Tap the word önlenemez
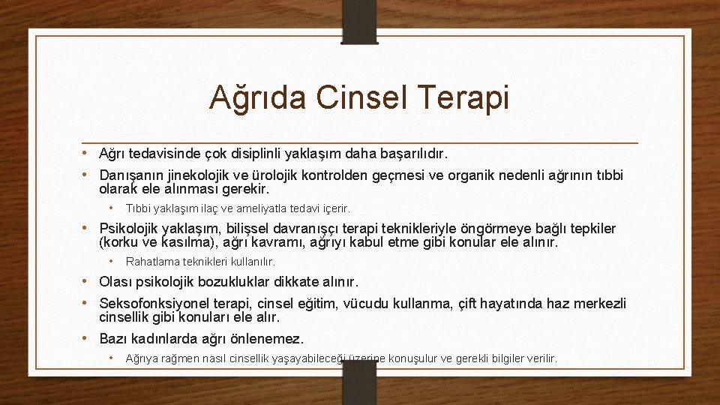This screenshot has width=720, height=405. pyautogui.click(x=267, y=338)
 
